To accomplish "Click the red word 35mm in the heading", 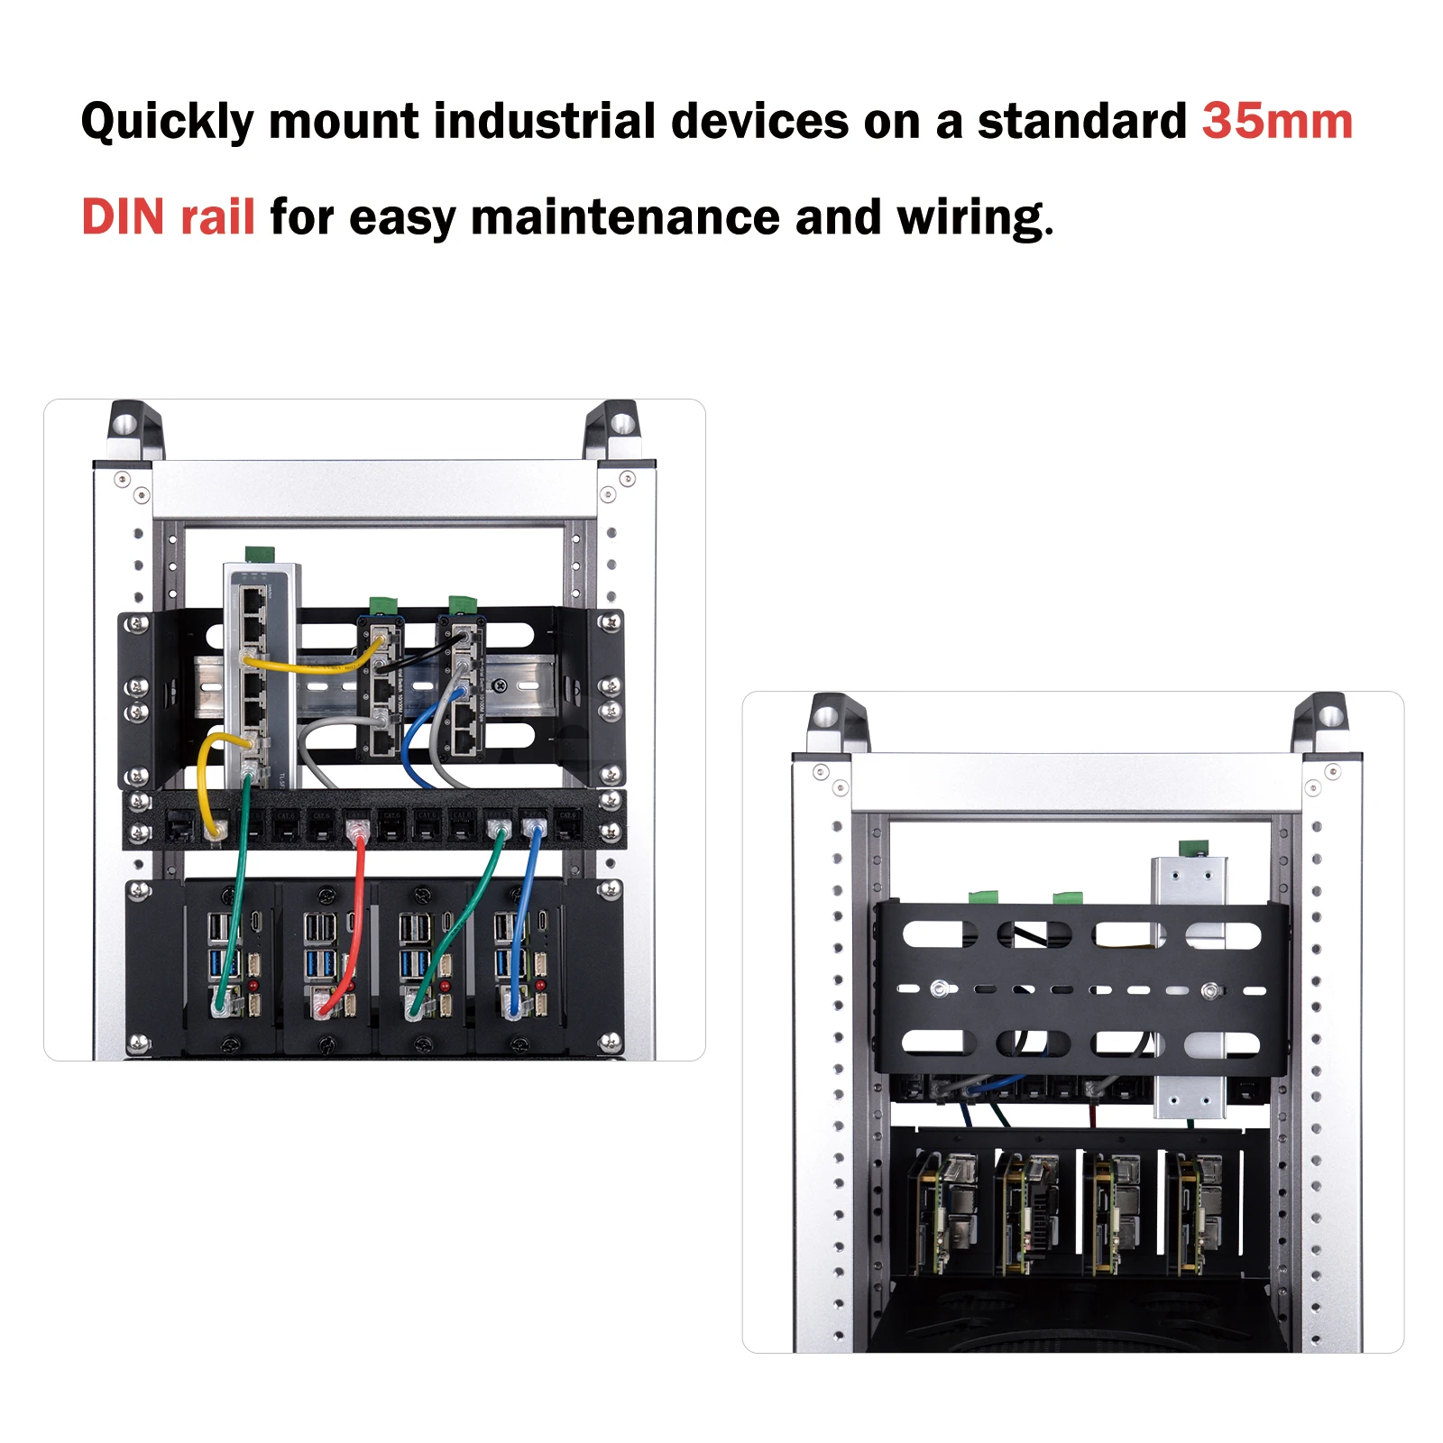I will (x=1276, y=122).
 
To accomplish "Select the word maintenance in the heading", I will (x=625, y=217).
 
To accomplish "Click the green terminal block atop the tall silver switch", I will (x=260, y=553).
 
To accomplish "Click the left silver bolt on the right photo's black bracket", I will (x=940, y=988).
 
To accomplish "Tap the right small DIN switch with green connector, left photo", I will (x=463, y=685).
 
